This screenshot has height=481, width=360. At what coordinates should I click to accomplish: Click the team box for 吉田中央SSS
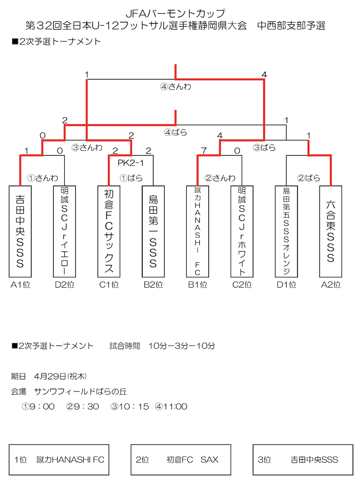tap(20, 231)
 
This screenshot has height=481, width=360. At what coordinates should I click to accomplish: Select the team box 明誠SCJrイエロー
tap(64, 231)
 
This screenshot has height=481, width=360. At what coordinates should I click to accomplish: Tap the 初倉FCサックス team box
tap(109, 231)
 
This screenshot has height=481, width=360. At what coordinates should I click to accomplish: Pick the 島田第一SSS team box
tap(153, 231)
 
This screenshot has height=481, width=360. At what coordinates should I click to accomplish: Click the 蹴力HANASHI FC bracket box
tap(198, 231)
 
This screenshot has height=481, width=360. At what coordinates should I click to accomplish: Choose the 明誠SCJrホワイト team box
tap(242, 231)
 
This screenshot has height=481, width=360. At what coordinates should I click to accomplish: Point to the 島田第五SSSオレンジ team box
tap(286, 231)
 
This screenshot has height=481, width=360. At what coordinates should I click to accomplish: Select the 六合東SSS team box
tap(331, 231)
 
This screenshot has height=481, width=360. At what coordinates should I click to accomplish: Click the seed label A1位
tap(20, 285)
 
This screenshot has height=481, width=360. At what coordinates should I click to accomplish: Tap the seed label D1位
tap(286, 285)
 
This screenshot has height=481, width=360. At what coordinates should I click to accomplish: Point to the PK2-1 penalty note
tap(131, 163)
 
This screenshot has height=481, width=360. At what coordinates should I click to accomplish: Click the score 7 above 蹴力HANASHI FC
tap(204, 151)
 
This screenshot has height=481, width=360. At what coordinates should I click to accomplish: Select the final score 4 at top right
tap(264, 75)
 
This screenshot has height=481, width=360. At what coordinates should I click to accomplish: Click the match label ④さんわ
tap(175, 87)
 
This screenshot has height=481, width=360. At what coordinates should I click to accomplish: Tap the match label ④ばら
tap(175, 133)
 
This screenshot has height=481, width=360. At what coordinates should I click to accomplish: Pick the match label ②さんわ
tap(220, 178)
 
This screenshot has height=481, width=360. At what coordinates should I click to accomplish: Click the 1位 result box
tap(59, 459)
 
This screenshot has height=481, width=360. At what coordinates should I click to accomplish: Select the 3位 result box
tap(303, 459)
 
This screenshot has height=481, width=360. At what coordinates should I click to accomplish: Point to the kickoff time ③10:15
tap(130, 406)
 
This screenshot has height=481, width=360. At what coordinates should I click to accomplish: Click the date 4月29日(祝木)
tap(60, 376)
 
